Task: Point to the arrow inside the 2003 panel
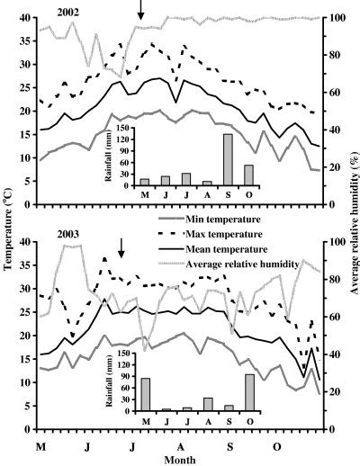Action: click(121, 247)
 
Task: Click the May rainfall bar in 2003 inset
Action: click(145, 394)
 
